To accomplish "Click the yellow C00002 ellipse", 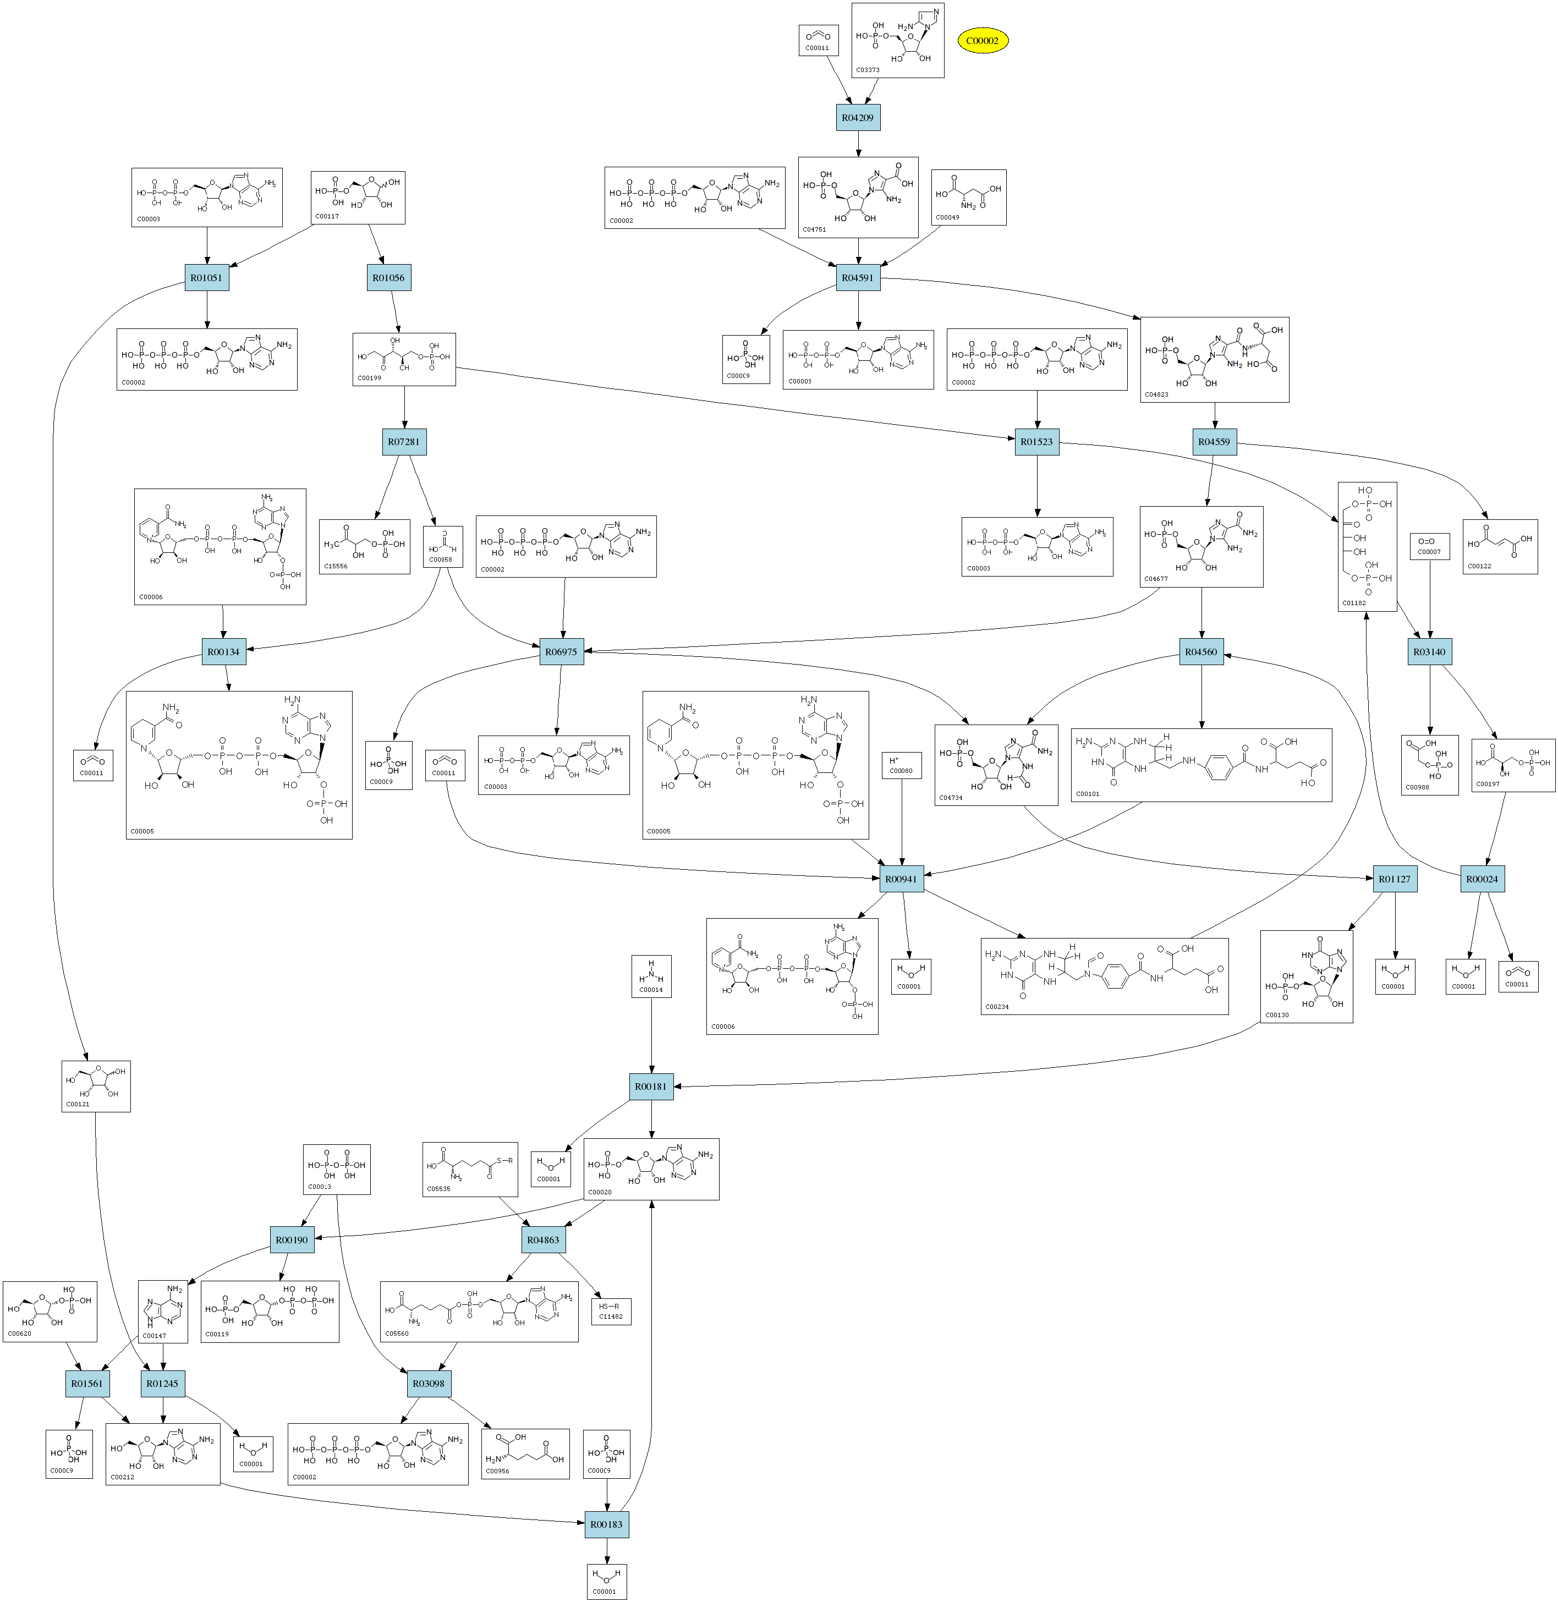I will click(x=982, y=40).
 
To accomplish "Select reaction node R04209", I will click(x=858, y=118).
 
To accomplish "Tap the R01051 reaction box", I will click(x=206, y=278).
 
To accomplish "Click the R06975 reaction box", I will click(x=561, y=652).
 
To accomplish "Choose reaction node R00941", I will click(x=902, y=880).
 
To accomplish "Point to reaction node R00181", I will click(x=651, y=1087).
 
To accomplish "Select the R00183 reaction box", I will click(x=606, y=1524).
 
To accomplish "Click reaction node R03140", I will click(x=1429, y=652).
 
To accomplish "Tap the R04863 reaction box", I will click(x=544, y=1239).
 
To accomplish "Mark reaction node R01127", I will click(x=1395, y=880).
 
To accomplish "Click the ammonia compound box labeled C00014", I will click(x=651, y=976).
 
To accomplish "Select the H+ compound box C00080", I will click(x=901, y=765).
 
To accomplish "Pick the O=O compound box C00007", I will click(x=1429, y=546).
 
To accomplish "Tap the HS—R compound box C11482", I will click(x=611, y=1312).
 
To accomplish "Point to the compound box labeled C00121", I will click(x=96, y=1086).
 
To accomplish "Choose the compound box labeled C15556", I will click(x=364, y=546).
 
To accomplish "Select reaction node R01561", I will click(x=87, y=1384).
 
